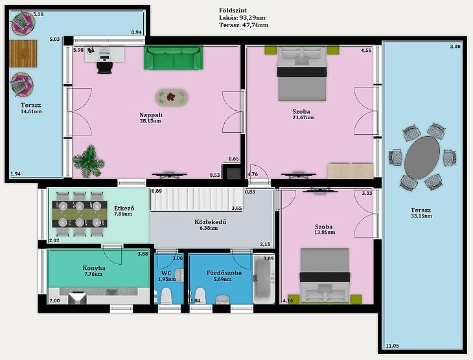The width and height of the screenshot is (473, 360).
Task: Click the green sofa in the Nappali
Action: pyautogui.click(x=174, y=58)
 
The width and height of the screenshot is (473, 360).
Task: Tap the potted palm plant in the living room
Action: pyautogui.click(x=89, y=161)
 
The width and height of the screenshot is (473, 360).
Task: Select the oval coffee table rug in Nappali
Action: pyautogui.click(x=172, y=97)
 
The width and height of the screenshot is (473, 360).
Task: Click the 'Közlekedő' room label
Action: pyautogui.click(x=210, y=222)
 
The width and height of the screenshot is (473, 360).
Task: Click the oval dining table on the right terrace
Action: pyautogui.click(x=422, y=157)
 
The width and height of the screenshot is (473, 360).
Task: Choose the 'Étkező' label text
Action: pyautogui.click(x=124, y=208)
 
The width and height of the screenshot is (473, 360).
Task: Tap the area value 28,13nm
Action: pyautogui.click(x=150, y=121)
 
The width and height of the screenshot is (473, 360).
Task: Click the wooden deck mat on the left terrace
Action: pyautogui.click(x=23, y=54)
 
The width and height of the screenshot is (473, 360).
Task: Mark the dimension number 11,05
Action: pyautogui.click(x=392, y=346)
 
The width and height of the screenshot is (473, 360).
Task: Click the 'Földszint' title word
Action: pyautogui.click(x=233, y=10)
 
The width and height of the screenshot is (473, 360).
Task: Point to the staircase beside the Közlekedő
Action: pyautogui.click(x=197, y=199)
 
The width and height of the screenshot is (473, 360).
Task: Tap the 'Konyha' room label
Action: pyautogui.click(x=94, y=268)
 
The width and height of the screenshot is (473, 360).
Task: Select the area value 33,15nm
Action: pyautogui.click(x=421, y=216)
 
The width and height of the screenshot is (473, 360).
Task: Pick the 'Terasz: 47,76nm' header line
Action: pyautogui.click(x=244, y=25)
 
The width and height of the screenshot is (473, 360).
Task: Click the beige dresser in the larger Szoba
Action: pyautogui.click(x=351, y=170)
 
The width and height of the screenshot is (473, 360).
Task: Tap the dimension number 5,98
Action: pyautogui.click(x=78, y=50)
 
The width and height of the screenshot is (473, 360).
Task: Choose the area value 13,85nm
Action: pyautogui.click(x=325, y=232)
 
